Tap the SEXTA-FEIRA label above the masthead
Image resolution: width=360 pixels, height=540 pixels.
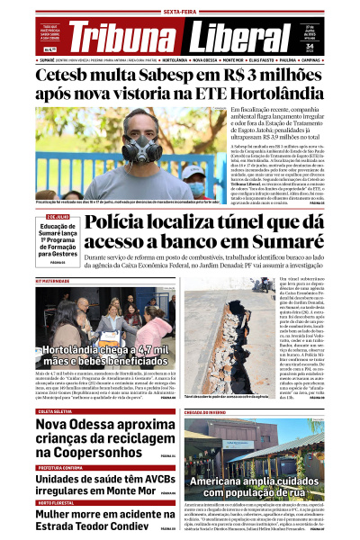(180, 10)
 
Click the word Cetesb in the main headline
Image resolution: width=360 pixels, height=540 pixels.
(71, 75)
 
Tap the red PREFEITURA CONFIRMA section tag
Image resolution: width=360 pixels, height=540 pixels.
(59, 467)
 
